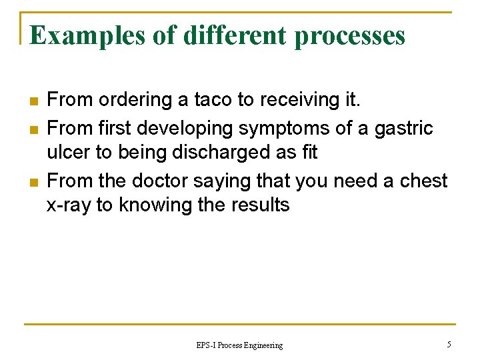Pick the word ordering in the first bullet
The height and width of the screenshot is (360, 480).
(x=133, y=101)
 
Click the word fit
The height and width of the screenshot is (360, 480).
(x=309, y=153)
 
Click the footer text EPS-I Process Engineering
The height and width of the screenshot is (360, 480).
(x=239, y=345)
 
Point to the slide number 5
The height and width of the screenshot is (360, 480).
(x=449, y=344)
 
